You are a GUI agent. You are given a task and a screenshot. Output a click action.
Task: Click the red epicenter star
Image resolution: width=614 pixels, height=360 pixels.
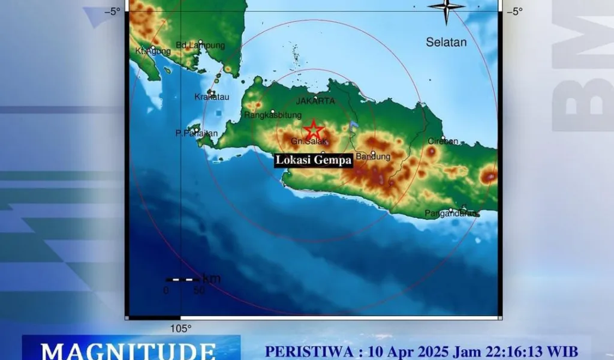312,130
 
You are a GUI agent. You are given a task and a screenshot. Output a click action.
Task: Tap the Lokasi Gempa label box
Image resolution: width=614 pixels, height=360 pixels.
313,160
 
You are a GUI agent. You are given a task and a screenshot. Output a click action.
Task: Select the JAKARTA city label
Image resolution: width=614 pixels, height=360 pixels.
315,101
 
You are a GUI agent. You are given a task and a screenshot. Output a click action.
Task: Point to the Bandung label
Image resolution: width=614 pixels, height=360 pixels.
373,157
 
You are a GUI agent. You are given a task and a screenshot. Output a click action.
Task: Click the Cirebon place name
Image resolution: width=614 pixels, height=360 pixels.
443,142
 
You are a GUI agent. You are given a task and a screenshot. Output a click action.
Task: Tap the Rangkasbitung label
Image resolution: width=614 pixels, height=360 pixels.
273,115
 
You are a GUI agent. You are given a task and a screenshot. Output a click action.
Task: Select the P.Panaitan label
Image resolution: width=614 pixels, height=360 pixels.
197,133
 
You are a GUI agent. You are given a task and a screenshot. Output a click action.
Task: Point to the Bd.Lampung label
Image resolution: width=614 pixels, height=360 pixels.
200,45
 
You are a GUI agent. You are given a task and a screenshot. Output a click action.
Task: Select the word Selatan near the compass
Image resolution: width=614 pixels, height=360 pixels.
446,42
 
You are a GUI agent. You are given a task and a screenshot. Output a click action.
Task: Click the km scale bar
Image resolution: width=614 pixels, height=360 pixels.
183,280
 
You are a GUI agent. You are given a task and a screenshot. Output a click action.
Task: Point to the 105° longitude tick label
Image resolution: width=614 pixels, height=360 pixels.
180,328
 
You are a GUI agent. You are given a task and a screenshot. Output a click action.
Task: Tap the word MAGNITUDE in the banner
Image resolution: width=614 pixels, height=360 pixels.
129,350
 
